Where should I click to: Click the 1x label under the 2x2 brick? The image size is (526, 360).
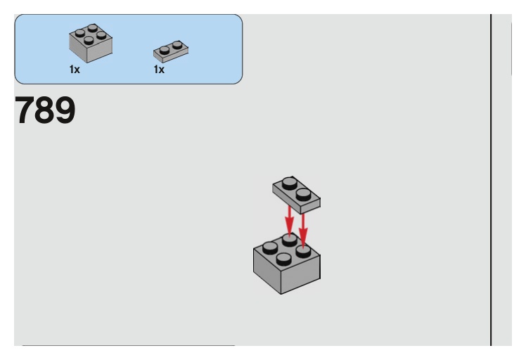[x=75, y=70]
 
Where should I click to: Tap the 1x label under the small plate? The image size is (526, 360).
[x=159, y=70]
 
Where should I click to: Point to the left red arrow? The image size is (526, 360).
[x=289, y=219]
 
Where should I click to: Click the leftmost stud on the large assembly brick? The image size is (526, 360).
[x=269, y=247]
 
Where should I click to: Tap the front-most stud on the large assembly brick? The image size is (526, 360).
[x=283, y=258]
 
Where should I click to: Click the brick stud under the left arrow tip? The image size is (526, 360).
[x=289, y=240]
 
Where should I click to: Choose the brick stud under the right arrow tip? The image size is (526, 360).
[x=303, y=250]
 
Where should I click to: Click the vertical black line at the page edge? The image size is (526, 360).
[x=491, y=176]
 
